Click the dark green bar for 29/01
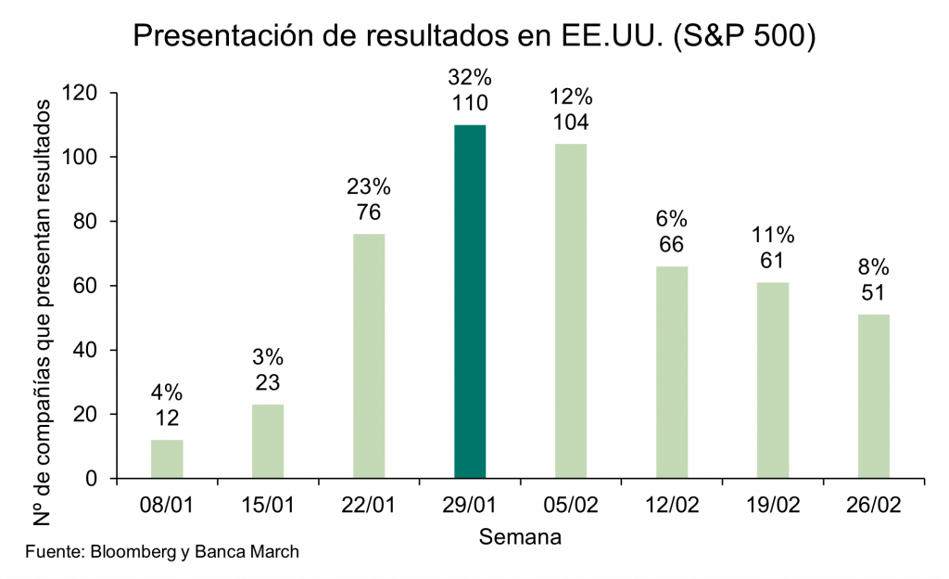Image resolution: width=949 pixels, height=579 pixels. coord(470,302)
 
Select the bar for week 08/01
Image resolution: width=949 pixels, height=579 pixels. coord(167,459)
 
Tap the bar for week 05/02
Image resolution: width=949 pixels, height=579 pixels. coord(571,311)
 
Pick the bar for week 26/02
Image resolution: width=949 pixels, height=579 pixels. coord(874,396)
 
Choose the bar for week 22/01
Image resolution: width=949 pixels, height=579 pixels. coord(369,356)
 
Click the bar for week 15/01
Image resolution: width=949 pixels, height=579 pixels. coord(268,442)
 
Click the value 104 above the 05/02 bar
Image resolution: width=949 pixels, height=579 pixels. coord(571,122)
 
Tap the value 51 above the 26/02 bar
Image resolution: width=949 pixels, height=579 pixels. coord(874,292)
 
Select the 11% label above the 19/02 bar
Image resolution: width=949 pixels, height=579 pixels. coord(773,235)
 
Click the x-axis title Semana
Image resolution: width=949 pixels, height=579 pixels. coord(520,536)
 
